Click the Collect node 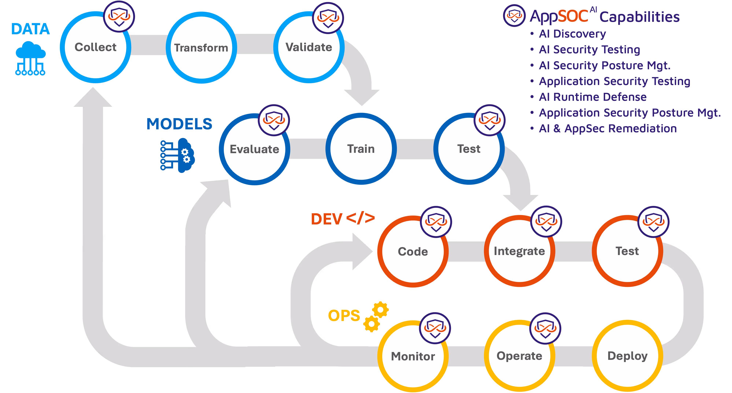[95, 47]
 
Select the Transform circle [201, 48]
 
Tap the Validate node [309, 47]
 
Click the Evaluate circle [254, 149]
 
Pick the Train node [361, 149]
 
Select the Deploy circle [627, 356]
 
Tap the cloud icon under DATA [30, 58]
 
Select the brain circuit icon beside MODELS [178, 155]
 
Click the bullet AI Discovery [572, 34]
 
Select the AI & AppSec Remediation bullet [608, 128]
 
